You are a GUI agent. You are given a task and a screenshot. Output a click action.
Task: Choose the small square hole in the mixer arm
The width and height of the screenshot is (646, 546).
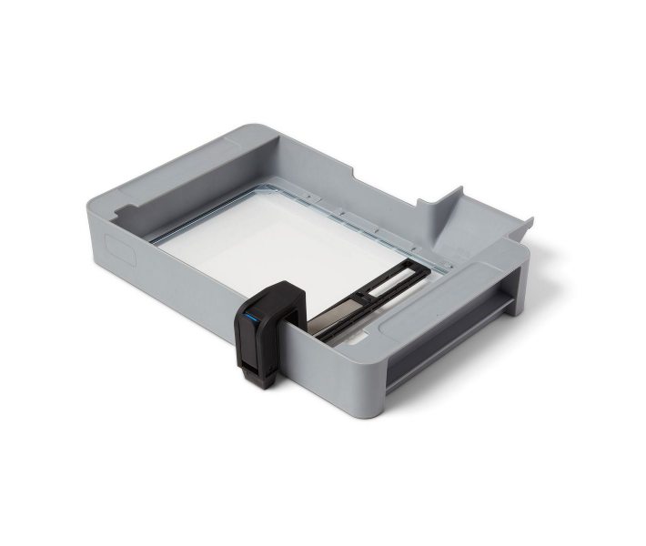click(361, 296)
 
